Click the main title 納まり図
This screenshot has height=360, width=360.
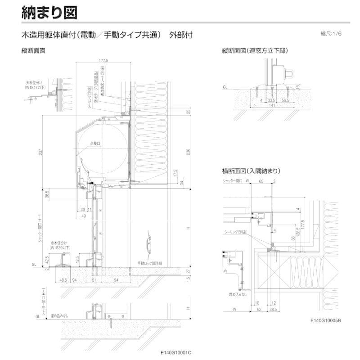tap(49, 12)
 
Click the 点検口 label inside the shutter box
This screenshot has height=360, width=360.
tap(95, 143)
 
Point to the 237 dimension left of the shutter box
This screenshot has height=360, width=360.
tap(41, 153)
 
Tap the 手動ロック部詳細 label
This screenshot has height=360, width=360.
tap(153, 263)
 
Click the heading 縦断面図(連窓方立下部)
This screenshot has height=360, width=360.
tap(254, 51)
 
